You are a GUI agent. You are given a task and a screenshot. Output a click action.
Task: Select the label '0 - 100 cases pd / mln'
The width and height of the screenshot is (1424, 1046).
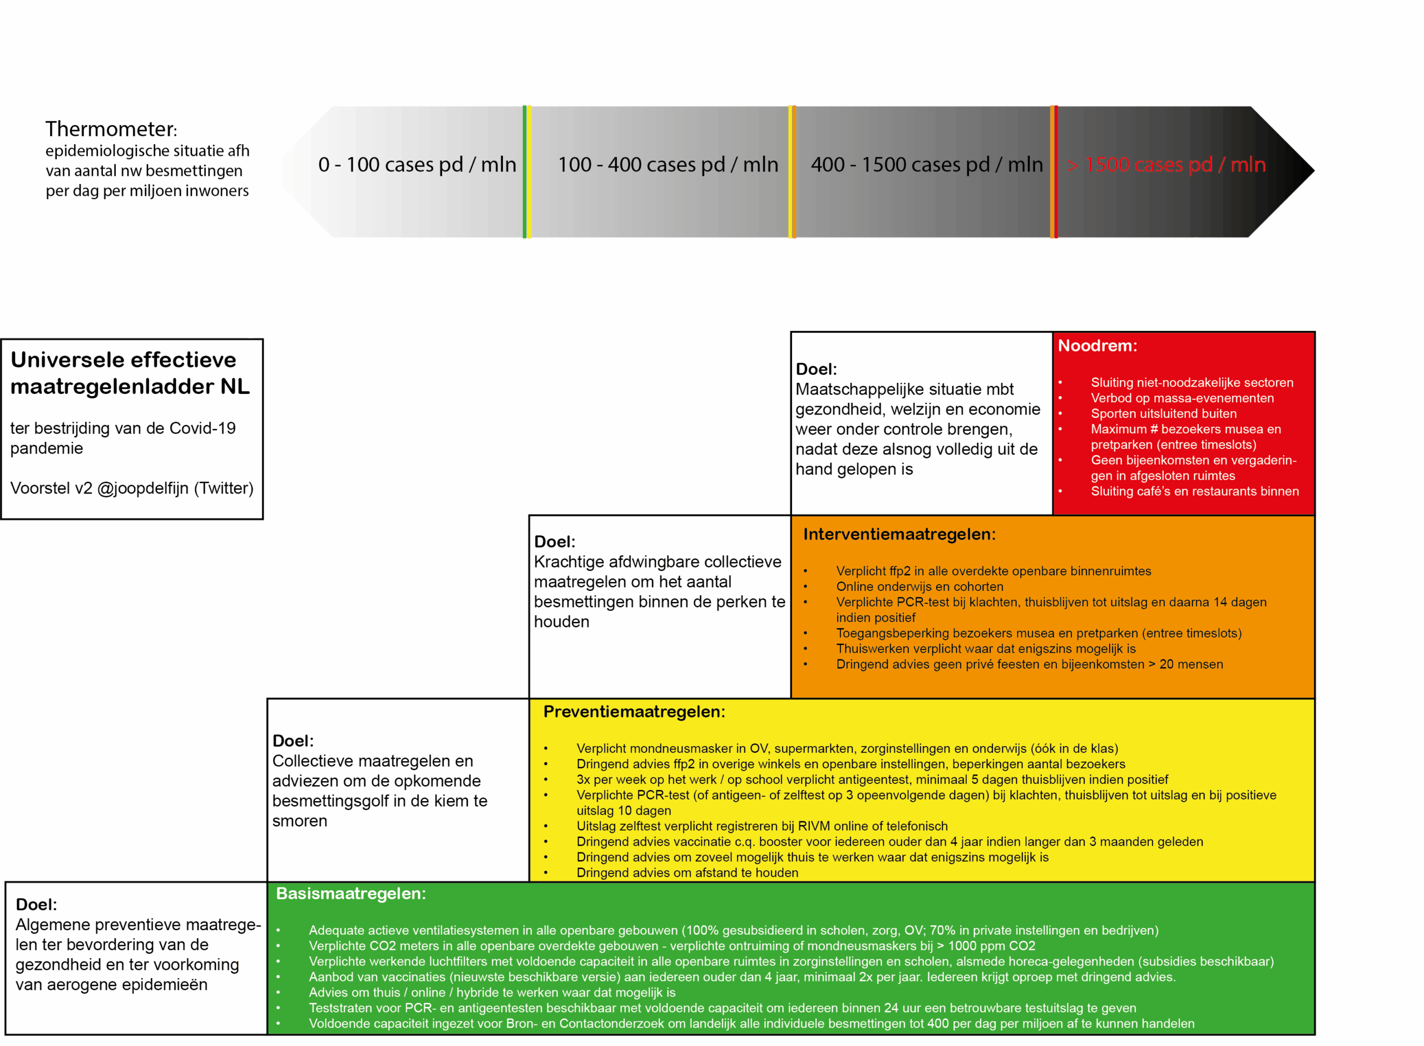pos(417,165)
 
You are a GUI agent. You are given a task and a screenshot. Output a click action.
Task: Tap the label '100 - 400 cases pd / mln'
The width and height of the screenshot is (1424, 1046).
pos(667,165)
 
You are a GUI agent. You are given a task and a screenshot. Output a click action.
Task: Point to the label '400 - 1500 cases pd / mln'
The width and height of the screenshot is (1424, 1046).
pos(927,165)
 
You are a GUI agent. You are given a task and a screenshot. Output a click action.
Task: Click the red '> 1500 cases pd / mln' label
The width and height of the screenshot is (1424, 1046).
pos(1166,165)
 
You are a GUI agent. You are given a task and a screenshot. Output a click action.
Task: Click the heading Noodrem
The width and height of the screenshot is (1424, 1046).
pos(1097,346)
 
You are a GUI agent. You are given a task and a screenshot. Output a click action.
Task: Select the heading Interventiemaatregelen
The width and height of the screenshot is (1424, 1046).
pos(899,534)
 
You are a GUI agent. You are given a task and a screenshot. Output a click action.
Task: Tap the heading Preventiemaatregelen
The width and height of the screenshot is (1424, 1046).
pos(634,712)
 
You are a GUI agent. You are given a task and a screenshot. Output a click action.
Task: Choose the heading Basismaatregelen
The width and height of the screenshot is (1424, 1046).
pos(350,894)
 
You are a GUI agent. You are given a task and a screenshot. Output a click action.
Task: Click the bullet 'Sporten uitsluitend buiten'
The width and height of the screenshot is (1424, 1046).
pos(1163,413)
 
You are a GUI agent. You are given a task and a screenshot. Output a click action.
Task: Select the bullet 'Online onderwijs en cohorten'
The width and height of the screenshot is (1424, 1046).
pos(919,586)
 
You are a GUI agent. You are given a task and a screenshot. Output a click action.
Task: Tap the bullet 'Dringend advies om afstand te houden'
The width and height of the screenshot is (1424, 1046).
pos(688,872)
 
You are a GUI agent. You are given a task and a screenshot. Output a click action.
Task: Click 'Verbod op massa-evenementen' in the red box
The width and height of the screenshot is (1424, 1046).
pos(1182,398)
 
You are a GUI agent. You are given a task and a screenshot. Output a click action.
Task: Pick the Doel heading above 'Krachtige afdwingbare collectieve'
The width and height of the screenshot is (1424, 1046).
pos(555,542)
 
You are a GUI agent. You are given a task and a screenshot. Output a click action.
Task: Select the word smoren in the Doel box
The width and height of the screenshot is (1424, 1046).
pos(300,821)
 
